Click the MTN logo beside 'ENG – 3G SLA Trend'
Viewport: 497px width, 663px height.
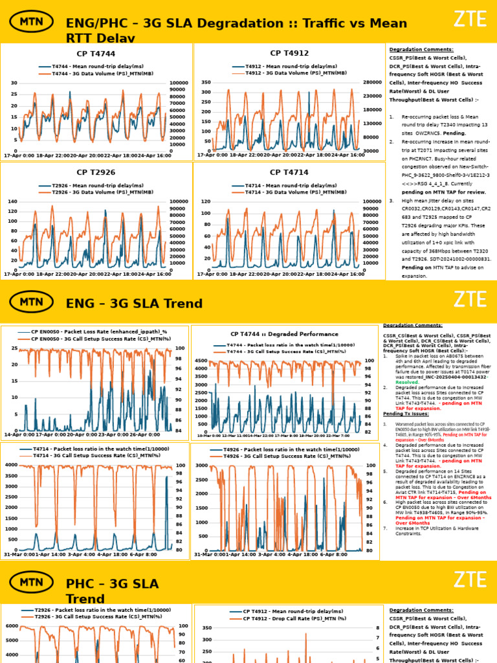tap(32, 302)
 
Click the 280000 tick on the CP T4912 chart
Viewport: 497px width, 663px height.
tap(373, 83)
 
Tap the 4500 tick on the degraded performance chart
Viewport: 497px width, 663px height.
tap(200, 361)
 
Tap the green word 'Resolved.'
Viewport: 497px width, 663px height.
tap(399, 383)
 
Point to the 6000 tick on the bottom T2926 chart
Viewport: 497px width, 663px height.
tap(11, 626)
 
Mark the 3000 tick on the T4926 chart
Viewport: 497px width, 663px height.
tap(200, 466)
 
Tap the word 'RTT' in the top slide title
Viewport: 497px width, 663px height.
tap(82, 39)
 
